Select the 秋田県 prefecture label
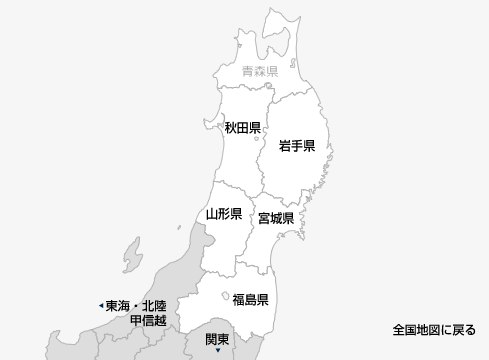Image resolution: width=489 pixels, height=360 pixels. (x=242, y=128)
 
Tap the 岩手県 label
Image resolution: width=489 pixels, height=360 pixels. (x=297, y=147)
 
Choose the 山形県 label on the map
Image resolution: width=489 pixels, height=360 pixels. (x=224, y=214)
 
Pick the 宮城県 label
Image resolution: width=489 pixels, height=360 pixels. (x=275, y=218)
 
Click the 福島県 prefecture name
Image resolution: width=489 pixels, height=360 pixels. (x=250, y=299)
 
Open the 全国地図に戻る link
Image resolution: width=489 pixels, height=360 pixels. (x=434, y=329)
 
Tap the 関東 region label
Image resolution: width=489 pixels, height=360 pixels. (x=217, y=338)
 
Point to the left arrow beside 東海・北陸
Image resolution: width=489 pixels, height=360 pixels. (x=100, y=305)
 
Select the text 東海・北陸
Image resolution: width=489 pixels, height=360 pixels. (x=137, y=305)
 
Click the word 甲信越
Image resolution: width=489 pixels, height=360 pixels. (x=147, y=321)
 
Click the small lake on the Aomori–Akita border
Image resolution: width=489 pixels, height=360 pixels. (x=268, y=86)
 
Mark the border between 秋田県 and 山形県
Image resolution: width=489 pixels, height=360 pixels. (x=228, y=185)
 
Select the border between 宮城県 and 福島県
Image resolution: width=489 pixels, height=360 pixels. (x=258, y=262)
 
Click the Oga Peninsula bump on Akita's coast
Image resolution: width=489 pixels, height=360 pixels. (x=218, y=115)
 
